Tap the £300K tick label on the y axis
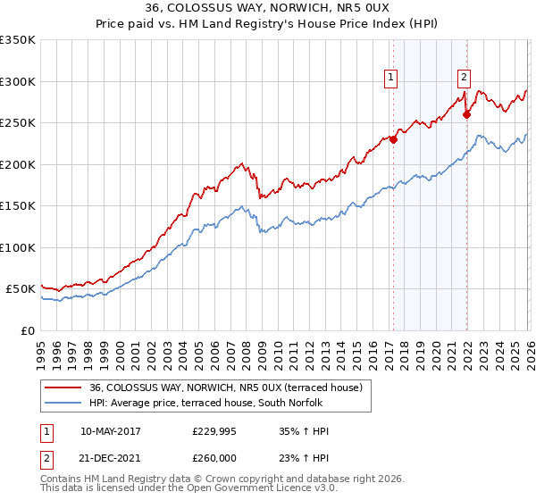coord(18,81)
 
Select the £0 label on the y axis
coord(28,330)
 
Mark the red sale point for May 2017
coord(392,139)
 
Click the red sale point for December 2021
coord(466,114)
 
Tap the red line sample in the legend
coord(63,387)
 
